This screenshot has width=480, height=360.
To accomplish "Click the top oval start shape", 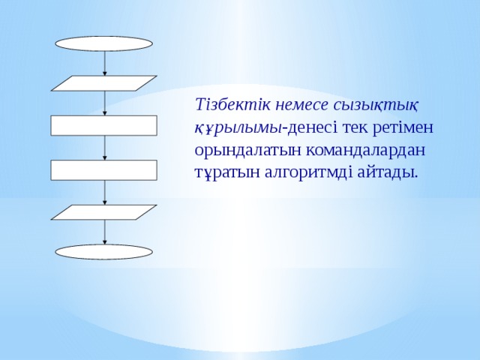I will coord(104,43).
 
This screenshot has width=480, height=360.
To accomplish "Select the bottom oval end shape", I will coord(104,252).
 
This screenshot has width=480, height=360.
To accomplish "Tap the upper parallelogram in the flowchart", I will coord(104,82).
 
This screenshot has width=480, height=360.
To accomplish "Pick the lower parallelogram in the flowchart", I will coord(104,212).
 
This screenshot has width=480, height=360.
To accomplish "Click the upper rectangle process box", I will coord(104,125).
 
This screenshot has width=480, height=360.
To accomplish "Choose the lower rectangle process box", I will coord(104,170).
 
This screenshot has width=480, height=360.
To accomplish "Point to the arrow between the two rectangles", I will coord(104,148).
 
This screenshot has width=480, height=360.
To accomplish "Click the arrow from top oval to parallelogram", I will coord(104,63).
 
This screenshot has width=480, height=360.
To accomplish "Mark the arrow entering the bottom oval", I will coord(104,232).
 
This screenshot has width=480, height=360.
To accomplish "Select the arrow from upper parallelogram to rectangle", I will coord(104,103).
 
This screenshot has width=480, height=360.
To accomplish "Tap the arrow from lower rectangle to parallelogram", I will coord(104,193).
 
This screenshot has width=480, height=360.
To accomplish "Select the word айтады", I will coord(382,172).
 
